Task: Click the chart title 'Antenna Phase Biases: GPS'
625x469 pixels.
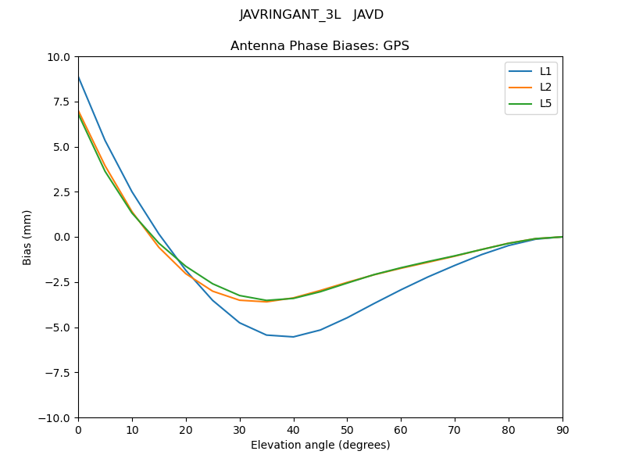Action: pos(320,46)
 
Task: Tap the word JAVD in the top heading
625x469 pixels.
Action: pos(368,15)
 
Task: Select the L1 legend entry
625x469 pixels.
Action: pos(545,71)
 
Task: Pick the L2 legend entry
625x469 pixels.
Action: pos(545,88)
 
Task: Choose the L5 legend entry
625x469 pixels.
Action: pos(545,103)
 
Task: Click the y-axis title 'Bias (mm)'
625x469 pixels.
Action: pos(27,237)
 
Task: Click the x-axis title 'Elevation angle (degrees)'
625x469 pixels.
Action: pos(320,446)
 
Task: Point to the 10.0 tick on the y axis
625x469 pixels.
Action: pos(59,57)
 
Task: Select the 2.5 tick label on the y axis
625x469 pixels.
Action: pos(62,192)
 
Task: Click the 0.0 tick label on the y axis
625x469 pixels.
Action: pos(62,238)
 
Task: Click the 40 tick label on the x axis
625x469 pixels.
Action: pos(293,430)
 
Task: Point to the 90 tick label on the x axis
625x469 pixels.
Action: pos(562,430)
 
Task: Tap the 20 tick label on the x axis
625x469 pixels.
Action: pos(186,430)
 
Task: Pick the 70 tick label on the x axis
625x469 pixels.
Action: pos(455,430)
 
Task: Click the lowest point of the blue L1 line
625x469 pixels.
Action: pos(293,337)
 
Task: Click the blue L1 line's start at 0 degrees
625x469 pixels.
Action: pos(79,77)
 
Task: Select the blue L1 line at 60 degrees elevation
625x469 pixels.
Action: pos(401,289)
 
